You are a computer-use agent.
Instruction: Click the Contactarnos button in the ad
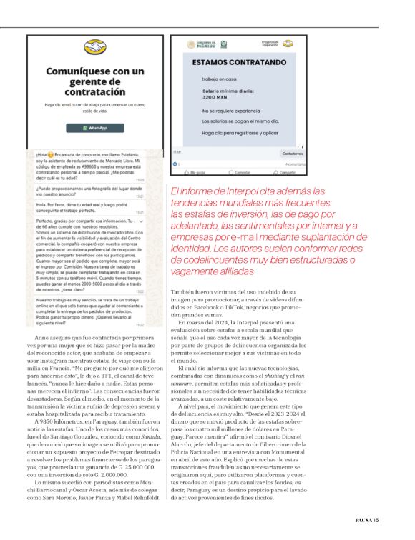click(288, 154)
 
